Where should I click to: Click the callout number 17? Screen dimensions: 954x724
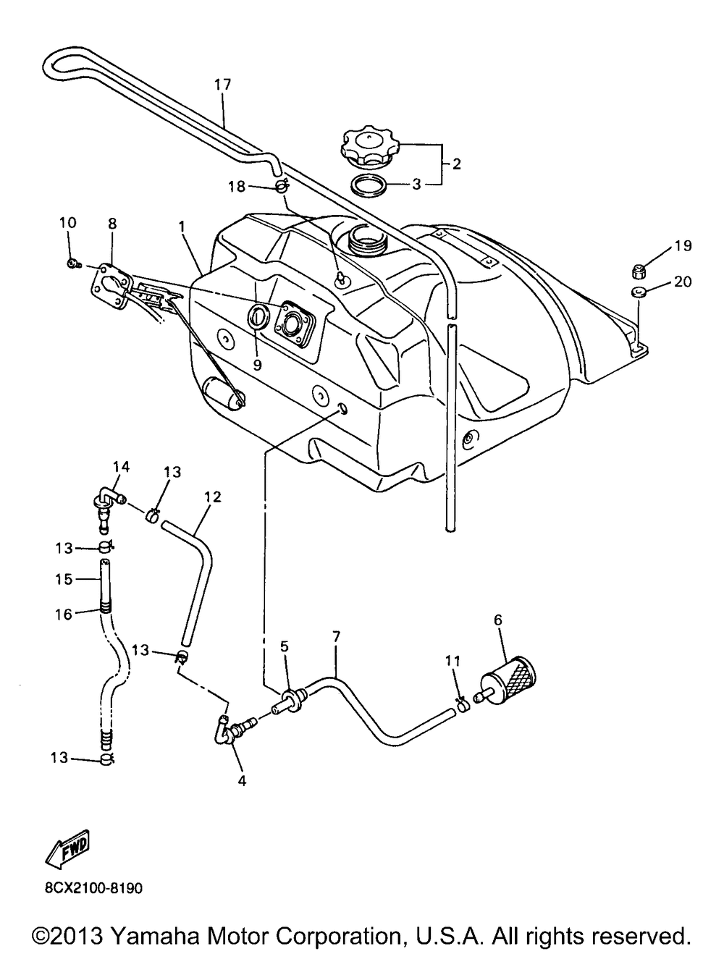222,84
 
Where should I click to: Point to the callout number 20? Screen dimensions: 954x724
683,282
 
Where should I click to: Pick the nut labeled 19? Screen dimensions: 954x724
638,272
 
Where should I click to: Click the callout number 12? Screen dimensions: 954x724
212,497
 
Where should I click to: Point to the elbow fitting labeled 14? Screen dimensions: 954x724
109,502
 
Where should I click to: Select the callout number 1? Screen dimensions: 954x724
182,226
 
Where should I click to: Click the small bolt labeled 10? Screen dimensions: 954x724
74,263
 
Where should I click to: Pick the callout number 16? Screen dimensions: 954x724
63,614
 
